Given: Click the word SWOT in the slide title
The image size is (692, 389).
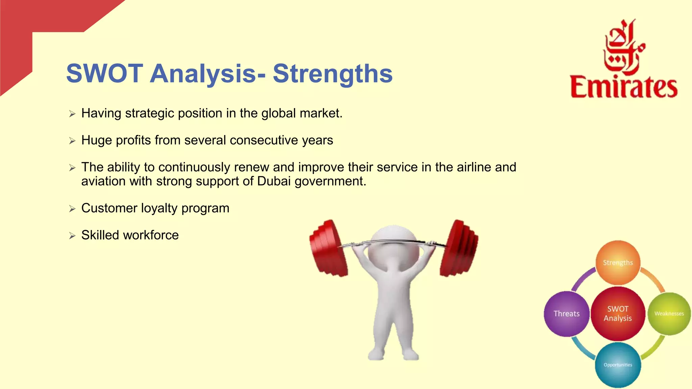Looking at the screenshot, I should coord(105,73).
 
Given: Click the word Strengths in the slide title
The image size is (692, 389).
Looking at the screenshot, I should coord(333,73).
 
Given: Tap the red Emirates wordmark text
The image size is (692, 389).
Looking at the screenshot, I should coord(624,87).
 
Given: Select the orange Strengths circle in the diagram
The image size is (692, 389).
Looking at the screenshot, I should coord(618,263).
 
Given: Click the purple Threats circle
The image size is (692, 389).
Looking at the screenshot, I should coord(566,314).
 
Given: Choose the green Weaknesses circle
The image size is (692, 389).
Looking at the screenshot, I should coord(669,314).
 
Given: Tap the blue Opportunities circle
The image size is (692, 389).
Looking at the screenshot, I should coord(618,365).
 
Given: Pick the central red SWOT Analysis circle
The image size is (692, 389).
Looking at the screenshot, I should coord(618,314).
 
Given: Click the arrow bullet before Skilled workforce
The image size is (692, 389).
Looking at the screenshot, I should coord(72,236).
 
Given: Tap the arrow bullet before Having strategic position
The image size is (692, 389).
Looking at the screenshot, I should coord(72,114).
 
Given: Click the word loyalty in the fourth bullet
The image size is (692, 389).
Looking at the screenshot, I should coord(159,208).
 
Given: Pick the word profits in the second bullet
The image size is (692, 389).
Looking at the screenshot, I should coord(133,140).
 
